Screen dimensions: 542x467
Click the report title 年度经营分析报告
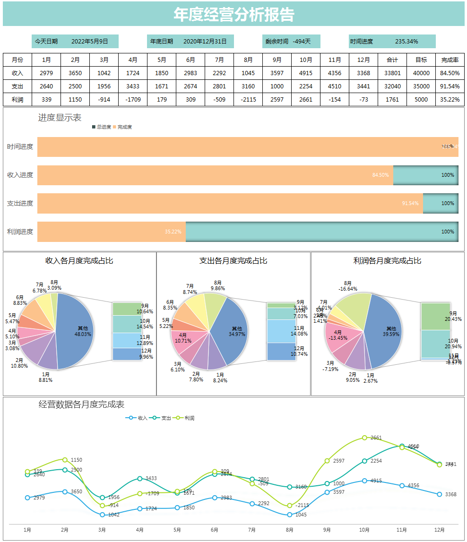click(233, 15)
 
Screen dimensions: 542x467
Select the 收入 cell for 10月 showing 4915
click(306, 73)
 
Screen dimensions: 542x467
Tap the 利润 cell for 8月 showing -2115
click(248, 100)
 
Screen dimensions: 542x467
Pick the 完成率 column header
click(450, 60)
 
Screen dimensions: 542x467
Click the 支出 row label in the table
click(17, 86)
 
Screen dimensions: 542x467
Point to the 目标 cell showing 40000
click(421, 73)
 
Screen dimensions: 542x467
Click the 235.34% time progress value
click(406, 42)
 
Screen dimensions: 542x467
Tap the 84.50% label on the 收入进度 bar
click(381, 175)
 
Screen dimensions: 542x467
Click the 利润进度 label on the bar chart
click(20, 232)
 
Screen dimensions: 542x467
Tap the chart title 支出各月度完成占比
click(233, 261)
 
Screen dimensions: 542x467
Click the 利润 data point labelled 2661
click(364, 438)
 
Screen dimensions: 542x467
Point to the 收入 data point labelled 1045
click(290, 515)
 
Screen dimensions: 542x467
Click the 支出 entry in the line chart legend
click(163, 418)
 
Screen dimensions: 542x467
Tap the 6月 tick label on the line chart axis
click(215, 530)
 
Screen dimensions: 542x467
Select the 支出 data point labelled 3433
click(140, 479)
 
